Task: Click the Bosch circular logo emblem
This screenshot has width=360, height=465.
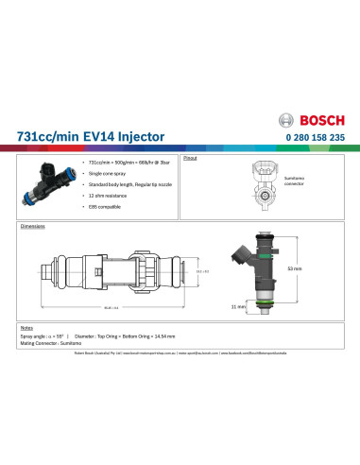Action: point(289,122)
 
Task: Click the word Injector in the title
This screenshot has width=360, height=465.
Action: point(138,137)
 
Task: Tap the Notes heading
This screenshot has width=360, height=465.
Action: point(26,328)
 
